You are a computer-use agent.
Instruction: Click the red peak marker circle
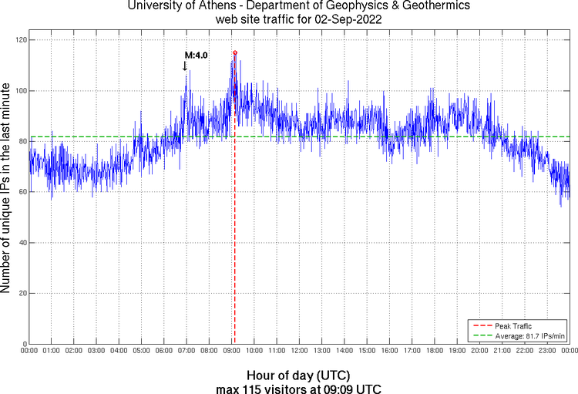tap(235, 52)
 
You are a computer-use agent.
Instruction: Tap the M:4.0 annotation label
tap(193, 56)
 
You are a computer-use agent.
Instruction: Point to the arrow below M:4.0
tap(185, 66)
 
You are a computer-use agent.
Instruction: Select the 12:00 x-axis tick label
tap(299, 352)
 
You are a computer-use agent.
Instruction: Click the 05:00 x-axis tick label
tap(141, 352)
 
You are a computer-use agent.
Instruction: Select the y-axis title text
tap(7, 190)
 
